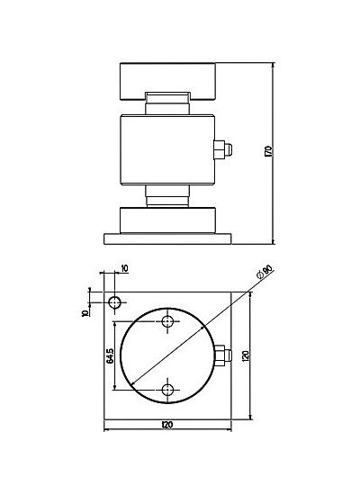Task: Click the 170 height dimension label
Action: coord(269,152)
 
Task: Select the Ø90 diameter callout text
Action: coord(265,272)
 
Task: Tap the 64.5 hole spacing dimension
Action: coord(110,356)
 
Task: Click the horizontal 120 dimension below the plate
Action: coord(167,425)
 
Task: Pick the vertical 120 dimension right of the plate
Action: coord(247,355)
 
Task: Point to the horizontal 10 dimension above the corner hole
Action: coord(124,269)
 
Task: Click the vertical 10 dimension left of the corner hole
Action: coord(85,313)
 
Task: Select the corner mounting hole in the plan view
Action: coord(114,302)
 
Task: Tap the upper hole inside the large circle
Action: coord(167,321)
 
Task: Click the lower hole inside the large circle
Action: coord(167,390)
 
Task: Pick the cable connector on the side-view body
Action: coord(222,150)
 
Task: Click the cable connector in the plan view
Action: coord(223,355)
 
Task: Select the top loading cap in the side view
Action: coord(167,81)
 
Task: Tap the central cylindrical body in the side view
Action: coord(167,150)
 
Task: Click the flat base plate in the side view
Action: coord(167,238)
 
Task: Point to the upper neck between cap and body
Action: coord(167,103)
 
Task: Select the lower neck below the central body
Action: coord(167,196)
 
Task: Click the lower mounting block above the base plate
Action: coord(167,220)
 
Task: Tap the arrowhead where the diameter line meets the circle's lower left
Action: coord(132,383)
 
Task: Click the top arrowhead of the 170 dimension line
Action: coord(274,66)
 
